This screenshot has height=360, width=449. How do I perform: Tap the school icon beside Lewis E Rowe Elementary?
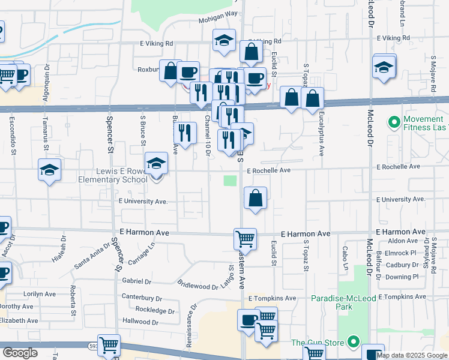point(156,163)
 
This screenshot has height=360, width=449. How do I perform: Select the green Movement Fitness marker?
point(394,123)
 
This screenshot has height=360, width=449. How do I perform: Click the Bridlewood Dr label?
point(197,284)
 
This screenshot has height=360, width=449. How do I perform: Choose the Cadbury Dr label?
point(402,265)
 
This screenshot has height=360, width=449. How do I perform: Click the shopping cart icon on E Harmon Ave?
point(245,239)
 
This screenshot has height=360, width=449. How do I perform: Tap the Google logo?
point(20,352)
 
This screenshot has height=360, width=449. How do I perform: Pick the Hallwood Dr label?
point(139,322)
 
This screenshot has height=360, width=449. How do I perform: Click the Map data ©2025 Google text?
point(411,355)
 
